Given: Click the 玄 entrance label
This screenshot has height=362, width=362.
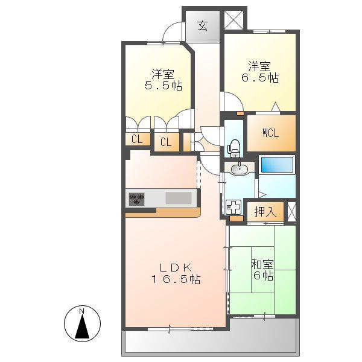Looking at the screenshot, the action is [202, 25].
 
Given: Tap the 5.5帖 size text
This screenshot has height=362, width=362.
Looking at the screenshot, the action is [164, 86].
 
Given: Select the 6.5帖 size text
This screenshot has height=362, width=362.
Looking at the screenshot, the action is [260, 78].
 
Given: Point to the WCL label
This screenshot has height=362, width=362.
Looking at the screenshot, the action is [271, 133].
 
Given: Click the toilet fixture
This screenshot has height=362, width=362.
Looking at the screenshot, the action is [235, 148].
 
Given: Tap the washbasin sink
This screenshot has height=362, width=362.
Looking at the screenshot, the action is [240, 169].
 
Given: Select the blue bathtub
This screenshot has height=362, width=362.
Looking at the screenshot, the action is [277, 165].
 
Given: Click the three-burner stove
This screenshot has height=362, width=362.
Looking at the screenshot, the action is [137, 199].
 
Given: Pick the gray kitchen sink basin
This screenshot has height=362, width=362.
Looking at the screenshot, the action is [179, 198].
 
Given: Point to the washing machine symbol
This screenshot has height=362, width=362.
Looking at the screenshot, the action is [233, 207].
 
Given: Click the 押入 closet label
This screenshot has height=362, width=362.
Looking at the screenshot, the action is [265, 212].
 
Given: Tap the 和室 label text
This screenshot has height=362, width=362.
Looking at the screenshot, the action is [262, 265].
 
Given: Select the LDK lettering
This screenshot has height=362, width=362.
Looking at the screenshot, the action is [176, 268].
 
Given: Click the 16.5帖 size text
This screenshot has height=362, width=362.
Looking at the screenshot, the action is [176, 279].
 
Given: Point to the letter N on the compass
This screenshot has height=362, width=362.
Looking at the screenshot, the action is [81, 311].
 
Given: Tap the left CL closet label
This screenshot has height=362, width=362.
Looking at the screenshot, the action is [137, 139].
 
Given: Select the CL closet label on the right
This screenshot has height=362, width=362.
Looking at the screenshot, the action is [166, 142].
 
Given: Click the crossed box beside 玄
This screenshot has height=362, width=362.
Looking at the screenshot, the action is [233, 20].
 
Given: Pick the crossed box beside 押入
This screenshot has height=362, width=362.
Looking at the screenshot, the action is [291, 212].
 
